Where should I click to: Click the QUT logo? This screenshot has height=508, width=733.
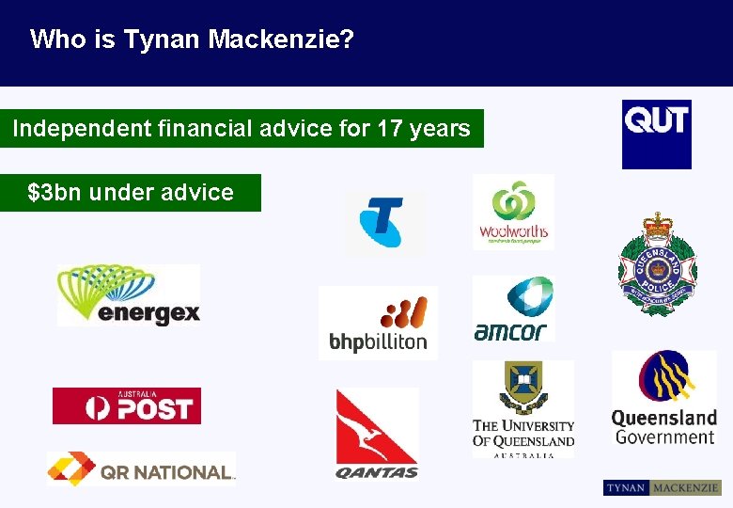pyautogui.click(x=656, y=134)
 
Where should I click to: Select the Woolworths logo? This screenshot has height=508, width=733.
pyautogui.click(x=513, y=212)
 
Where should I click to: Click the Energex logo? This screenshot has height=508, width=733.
pyautogui.click(x=129, y=295)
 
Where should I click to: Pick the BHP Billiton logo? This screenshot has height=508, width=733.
pyautogui.click(x=378, y=323)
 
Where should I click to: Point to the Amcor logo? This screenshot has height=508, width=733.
pyautogui.click(x=513, y=309)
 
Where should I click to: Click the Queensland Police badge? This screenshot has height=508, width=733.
pyautogui.click(x=657, y=264)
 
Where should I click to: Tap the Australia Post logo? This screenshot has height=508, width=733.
pyautogui.click(x=127, y=406)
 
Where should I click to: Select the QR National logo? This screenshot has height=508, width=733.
pyautogui.click(x=141, y=468)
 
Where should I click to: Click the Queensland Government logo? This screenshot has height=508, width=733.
pyautogui.click(x=663, y=399)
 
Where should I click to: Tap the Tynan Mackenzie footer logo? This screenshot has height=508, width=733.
pyautogui.click(x=662, y=488)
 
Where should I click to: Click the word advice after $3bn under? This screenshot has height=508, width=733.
pyautogui.click(x=196, y=193)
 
